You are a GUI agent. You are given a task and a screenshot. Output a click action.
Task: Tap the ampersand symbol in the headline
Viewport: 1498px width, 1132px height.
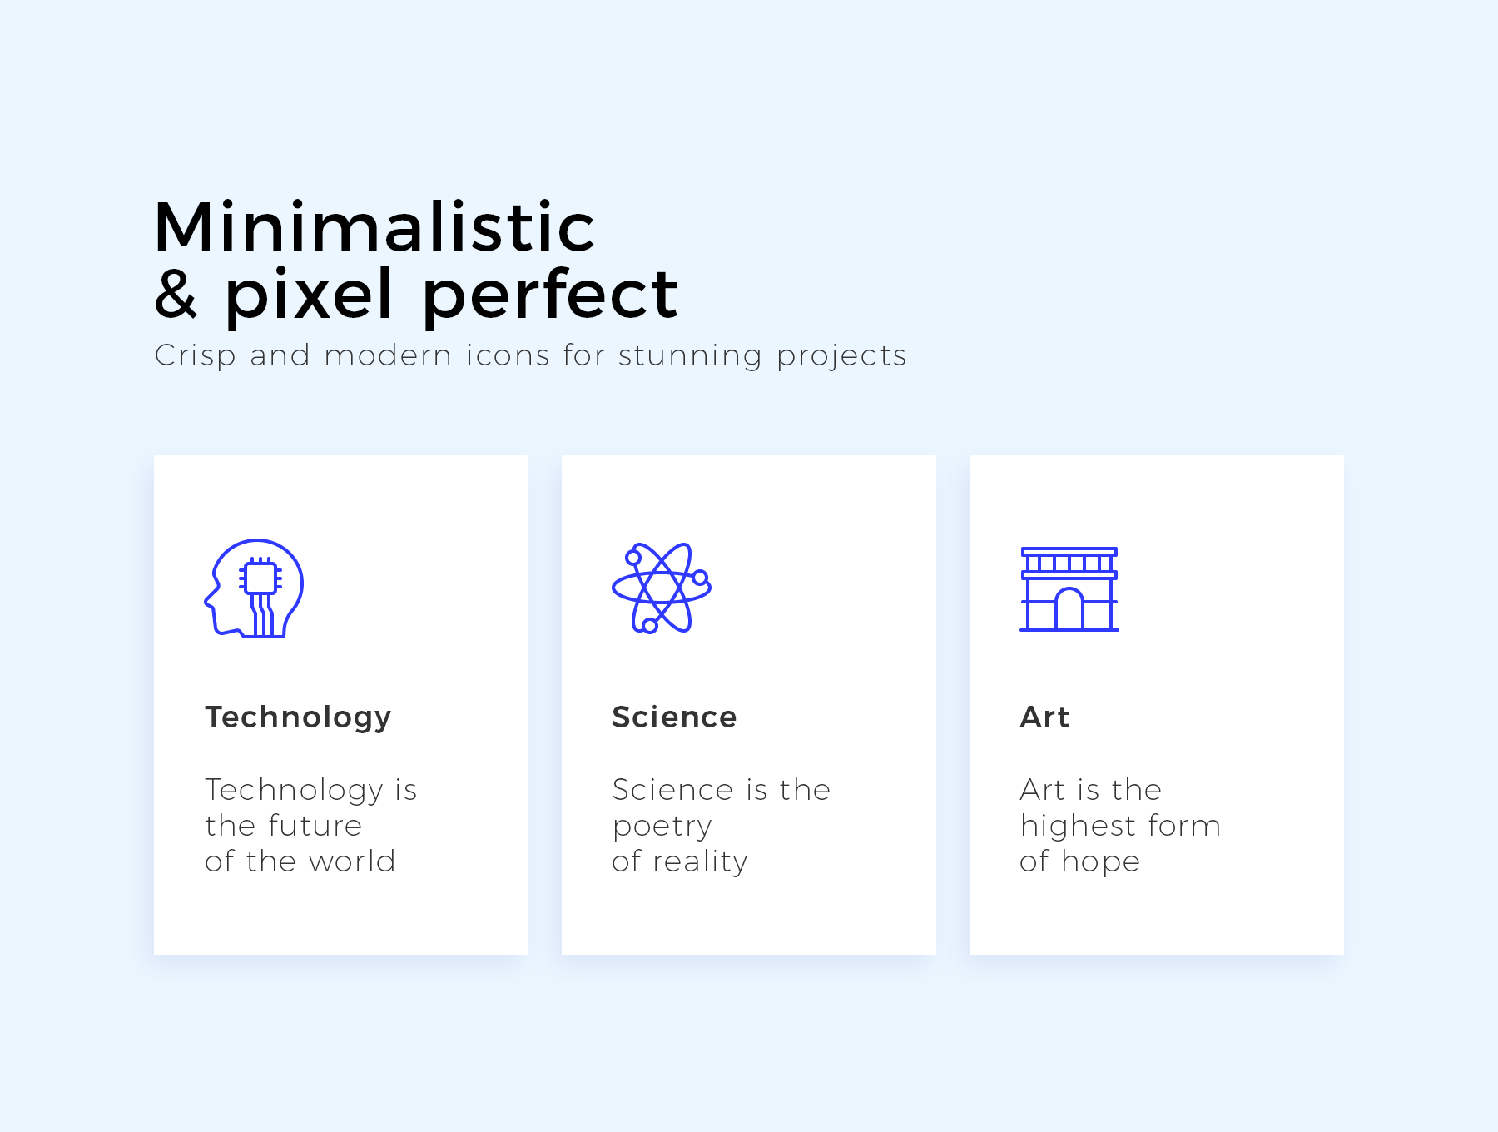click(x=176, y=293)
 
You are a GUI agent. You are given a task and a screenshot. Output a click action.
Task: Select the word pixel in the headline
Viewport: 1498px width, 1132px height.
click(x=308, y=295)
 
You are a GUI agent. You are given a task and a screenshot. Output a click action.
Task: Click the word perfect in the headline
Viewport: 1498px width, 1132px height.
click(x=550, y=295)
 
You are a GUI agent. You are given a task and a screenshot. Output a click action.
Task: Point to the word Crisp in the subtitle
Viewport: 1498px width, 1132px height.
click(x=196, y=356)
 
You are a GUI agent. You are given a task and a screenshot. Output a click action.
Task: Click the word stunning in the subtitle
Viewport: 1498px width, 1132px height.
click(x=690, y=356)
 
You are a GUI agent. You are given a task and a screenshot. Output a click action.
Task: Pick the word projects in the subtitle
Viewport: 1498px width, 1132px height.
click(x=841, y=356)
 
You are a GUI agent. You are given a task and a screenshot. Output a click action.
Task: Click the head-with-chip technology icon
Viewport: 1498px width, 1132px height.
click(x=254, y=588)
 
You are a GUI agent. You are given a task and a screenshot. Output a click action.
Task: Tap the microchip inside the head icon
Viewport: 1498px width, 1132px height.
click(x=260, y=578)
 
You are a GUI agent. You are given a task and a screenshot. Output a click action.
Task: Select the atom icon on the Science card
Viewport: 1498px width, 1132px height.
click(x=662, y=588)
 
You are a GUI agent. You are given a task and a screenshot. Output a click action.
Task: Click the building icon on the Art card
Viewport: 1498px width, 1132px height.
click(x=1069, y=589)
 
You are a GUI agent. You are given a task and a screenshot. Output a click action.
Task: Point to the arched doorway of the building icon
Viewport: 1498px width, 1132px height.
click(x=1069, y=608)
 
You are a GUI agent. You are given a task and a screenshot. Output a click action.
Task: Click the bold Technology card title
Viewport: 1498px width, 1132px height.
click(x=298, y=717)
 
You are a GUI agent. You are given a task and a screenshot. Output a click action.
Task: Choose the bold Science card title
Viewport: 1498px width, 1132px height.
click(x=674, y=717)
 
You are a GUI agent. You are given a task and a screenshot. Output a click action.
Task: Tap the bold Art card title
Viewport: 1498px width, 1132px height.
click(x=1044, y=717)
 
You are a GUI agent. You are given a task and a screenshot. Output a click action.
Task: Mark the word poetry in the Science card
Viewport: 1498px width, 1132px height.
click(x=662, y=827)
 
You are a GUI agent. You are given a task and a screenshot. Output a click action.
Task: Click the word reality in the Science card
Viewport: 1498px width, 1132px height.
click(x=700, y=862)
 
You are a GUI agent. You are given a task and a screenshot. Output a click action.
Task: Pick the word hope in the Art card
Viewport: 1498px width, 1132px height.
click(x=1101, y=862)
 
